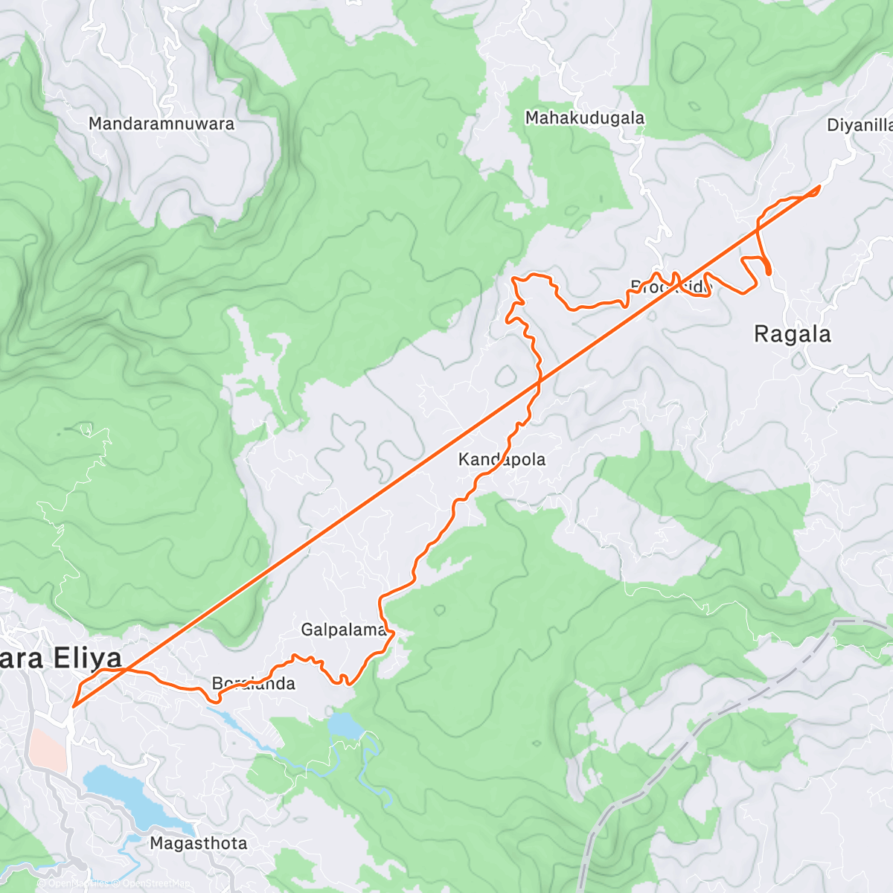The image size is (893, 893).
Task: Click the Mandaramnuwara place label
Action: [x=161, y=124]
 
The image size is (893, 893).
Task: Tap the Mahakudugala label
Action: [x=585, y=118]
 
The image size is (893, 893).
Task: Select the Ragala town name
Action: [x=792, y=334]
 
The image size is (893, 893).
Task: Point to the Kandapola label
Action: [x=502, y=459]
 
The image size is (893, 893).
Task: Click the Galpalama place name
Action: [x=343, y=630]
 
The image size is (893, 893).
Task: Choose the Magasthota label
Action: [x=198, y=843]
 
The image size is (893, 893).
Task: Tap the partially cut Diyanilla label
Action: [x=860, y=125]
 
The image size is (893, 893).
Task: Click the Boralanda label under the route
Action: [x=253, y=683]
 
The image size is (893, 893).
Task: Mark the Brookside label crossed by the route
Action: [x=670, y=287]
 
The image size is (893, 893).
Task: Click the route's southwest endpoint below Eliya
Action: [x=74, y=705]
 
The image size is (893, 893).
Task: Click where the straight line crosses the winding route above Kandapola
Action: [x=538, y=383]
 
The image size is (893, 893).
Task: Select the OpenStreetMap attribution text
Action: [x=153, y=883]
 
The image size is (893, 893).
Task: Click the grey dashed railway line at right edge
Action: [x=856, y=621]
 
